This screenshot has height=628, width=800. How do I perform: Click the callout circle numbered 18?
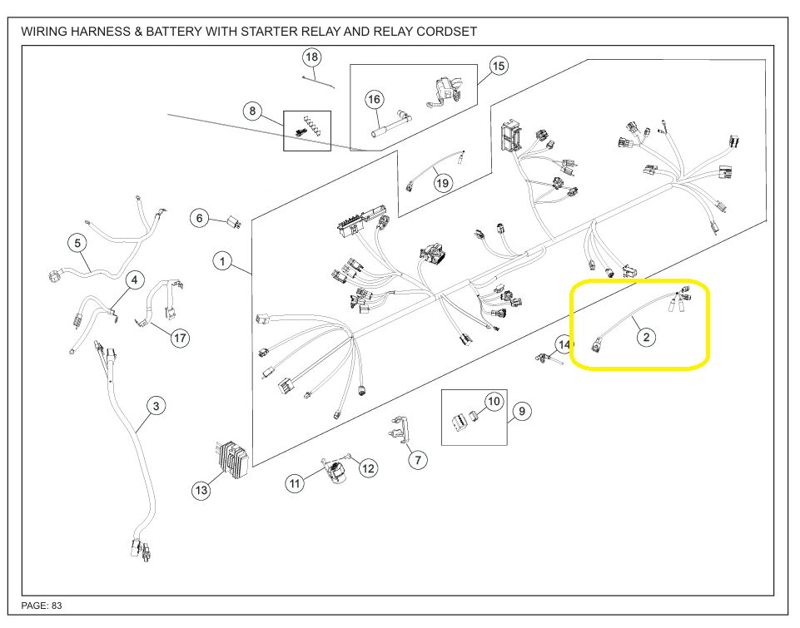(x=311, y=57)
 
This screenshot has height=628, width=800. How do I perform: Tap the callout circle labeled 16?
(x=375, y=100)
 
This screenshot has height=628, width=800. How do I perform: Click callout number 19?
(x=442, y=183)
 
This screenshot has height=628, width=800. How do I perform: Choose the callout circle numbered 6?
(x=199, y=219)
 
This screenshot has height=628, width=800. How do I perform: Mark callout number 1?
(x=222, y=262)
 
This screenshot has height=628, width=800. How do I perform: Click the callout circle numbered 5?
(x=77, y=244)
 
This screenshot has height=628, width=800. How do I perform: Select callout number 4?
(x=134, y=280)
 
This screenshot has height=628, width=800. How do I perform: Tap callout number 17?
(x=180, y=338)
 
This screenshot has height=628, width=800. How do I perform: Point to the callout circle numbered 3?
(x=156, y=406)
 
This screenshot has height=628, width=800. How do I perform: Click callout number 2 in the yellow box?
(x=646, y=337)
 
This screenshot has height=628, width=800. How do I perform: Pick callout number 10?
(x=494, y=402)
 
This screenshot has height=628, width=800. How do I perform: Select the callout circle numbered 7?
(x=418, y=459)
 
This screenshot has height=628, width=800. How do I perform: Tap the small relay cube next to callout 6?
(x=234, y=222)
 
